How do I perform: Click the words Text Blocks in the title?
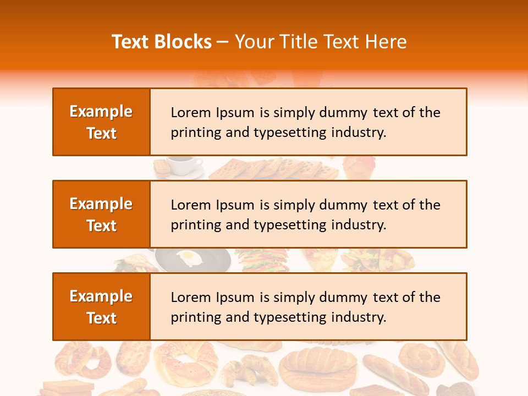[162, 42]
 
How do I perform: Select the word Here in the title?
[387, 42]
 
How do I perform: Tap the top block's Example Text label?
[101, 122]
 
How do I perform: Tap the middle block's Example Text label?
[101, 215]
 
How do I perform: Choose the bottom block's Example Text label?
[101, 307]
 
